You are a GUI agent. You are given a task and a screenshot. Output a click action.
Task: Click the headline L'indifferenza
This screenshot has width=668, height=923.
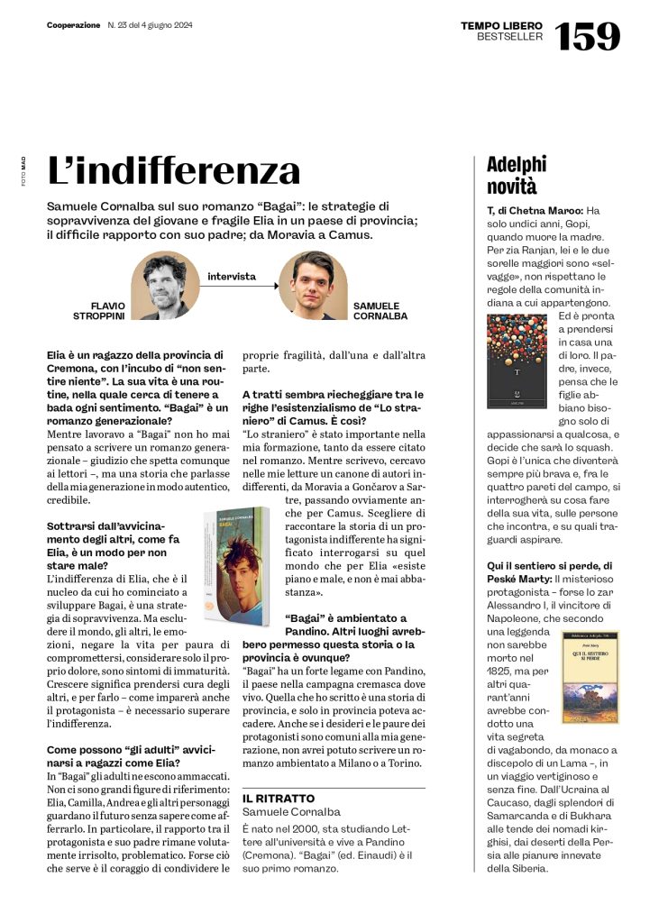click(x=173, y=170)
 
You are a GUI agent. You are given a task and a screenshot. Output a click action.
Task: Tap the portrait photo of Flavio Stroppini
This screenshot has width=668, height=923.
click(x=164, y=285)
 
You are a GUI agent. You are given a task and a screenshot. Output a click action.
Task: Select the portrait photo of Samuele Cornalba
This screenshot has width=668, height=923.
click(x=313, y=285)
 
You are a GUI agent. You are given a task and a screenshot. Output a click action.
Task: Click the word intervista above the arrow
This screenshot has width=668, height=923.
click(x=232, y=276)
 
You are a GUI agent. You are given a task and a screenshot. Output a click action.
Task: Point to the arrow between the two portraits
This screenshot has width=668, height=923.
click(x=239, y=287)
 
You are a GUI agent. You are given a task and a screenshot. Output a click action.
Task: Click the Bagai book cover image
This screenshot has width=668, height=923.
click(x=236, y=565)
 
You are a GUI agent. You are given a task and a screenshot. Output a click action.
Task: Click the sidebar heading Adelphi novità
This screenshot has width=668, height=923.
click(x=517, y=175)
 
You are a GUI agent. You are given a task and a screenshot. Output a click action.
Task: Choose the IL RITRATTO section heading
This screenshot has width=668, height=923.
click(x=279, y=799)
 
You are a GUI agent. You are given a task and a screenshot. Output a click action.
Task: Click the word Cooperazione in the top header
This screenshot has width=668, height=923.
click(x=73, y=25)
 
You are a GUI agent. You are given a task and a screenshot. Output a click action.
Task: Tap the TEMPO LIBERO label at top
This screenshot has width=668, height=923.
click(x=501, y=26)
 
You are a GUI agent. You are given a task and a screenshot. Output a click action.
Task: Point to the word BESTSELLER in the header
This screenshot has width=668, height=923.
click(x=509, y=37)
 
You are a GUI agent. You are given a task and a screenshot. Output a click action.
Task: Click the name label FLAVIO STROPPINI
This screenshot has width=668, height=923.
click(x=99, y=311)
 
